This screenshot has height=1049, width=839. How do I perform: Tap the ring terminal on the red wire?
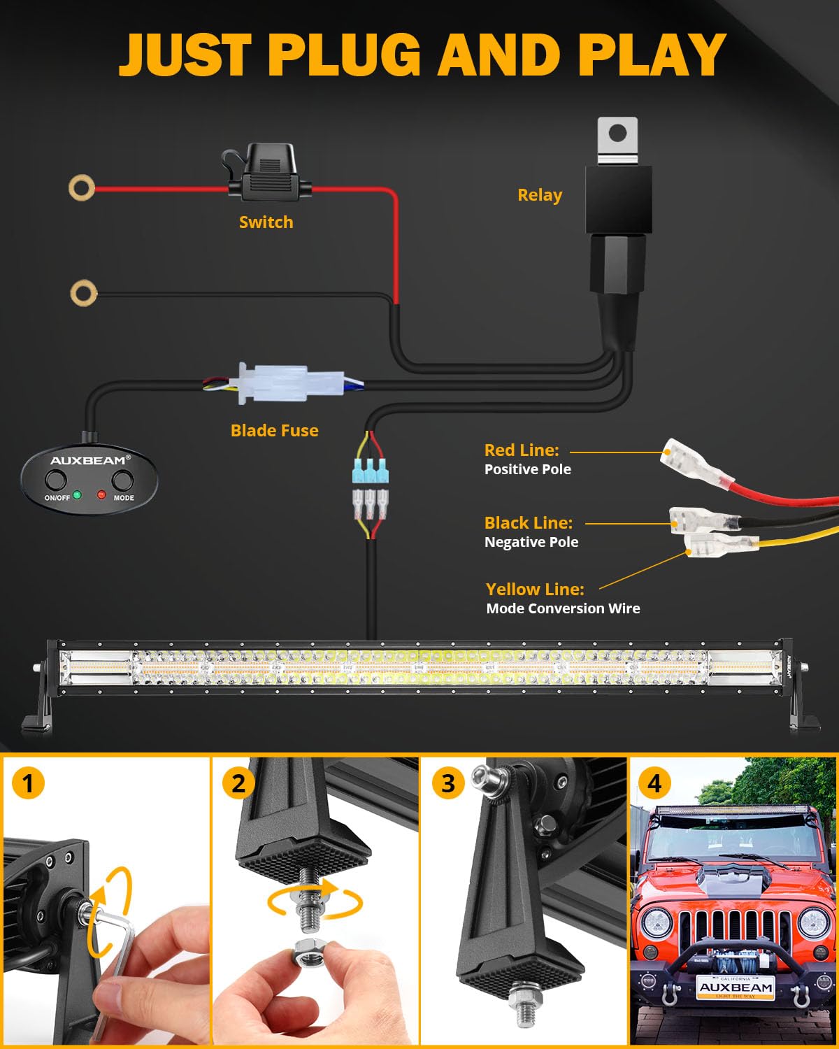(x=82, y=187)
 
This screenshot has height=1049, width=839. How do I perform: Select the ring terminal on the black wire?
(x=83, y=293)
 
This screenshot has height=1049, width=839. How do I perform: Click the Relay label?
(x=539, y=195)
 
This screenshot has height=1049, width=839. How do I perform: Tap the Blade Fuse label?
(x=274, y=430)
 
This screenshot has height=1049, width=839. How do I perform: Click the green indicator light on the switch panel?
(x=77, y=495)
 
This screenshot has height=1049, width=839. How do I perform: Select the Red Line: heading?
(x=522, y=450)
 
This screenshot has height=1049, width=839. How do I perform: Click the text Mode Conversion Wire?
(x=563, y=608)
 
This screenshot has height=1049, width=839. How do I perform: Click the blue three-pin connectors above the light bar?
(x=371, y=472)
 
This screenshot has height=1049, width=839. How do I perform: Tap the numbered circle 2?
(x=238, y=783)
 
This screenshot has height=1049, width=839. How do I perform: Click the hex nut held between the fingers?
(x=308, y=952)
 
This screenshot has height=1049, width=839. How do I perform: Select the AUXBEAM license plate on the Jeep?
(x=736, y=987)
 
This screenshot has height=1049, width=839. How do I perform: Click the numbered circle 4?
(x=654, y=783)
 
